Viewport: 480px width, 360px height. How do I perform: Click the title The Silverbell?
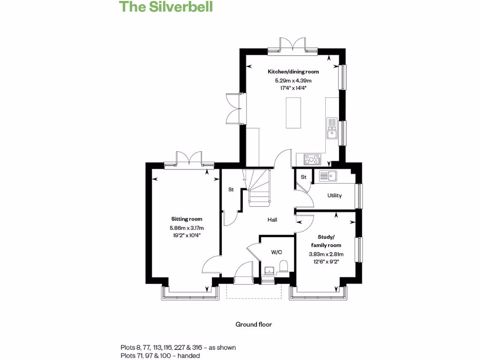166,7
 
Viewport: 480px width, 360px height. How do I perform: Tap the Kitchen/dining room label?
293,72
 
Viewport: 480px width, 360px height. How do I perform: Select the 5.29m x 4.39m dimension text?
293,81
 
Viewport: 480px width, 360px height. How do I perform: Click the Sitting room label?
187,219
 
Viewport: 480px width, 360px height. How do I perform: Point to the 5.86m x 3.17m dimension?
187,228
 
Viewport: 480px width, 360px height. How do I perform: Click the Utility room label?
335,195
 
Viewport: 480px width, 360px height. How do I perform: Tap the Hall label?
272,219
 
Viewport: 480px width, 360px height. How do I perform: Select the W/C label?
277,252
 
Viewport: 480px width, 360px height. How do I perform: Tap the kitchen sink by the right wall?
332,129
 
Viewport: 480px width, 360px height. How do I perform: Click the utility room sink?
329,176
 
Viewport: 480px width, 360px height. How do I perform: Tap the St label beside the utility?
304,177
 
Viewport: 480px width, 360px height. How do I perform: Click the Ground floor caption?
254,324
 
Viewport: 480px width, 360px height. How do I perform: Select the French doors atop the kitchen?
293,45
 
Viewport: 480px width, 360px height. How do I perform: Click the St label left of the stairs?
231,190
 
